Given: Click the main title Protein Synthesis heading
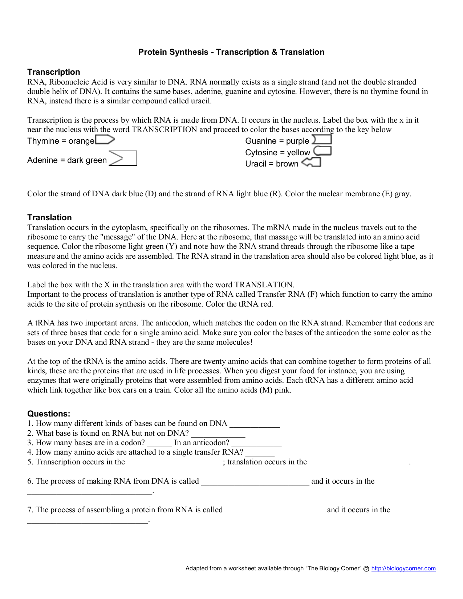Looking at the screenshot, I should click(231, 52).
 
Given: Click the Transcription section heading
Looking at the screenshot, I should click(53, 72).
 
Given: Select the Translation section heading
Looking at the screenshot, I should click(49, 217).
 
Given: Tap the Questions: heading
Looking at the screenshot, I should click(49, 414).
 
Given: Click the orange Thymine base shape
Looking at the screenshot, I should click(105, 140).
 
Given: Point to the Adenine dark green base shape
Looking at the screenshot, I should click(122, 159).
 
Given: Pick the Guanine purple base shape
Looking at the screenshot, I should click(322, 140).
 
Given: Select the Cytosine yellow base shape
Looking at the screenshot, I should click(322, 151).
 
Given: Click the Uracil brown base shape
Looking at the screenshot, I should click(312, 162).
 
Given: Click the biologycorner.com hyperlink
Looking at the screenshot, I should click(403, 568).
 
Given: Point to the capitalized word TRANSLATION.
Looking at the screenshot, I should click(264, 285).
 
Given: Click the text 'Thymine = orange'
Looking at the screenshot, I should click(61, 141).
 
